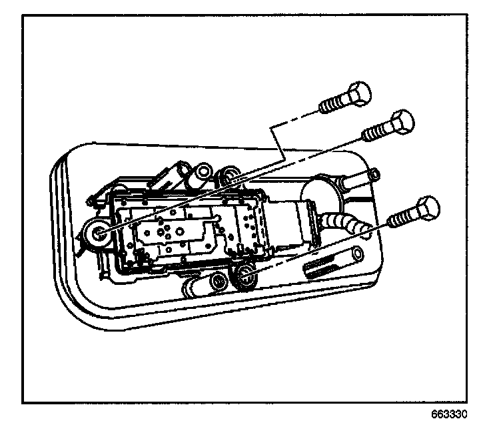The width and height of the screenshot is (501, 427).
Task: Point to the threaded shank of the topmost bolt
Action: click(333, 103)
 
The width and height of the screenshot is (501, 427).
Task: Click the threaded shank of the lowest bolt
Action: click(400, 219)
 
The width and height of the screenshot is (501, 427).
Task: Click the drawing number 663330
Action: click(458, 413)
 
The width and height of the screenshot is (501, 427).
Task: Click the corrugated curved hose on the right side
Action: click(343, 222)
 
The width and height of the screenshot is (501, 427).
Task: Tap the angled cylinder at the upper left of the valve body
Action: click(167, 177)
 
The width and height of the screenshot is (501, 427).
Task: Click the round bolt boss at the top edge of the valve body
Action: click(231, 177)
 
